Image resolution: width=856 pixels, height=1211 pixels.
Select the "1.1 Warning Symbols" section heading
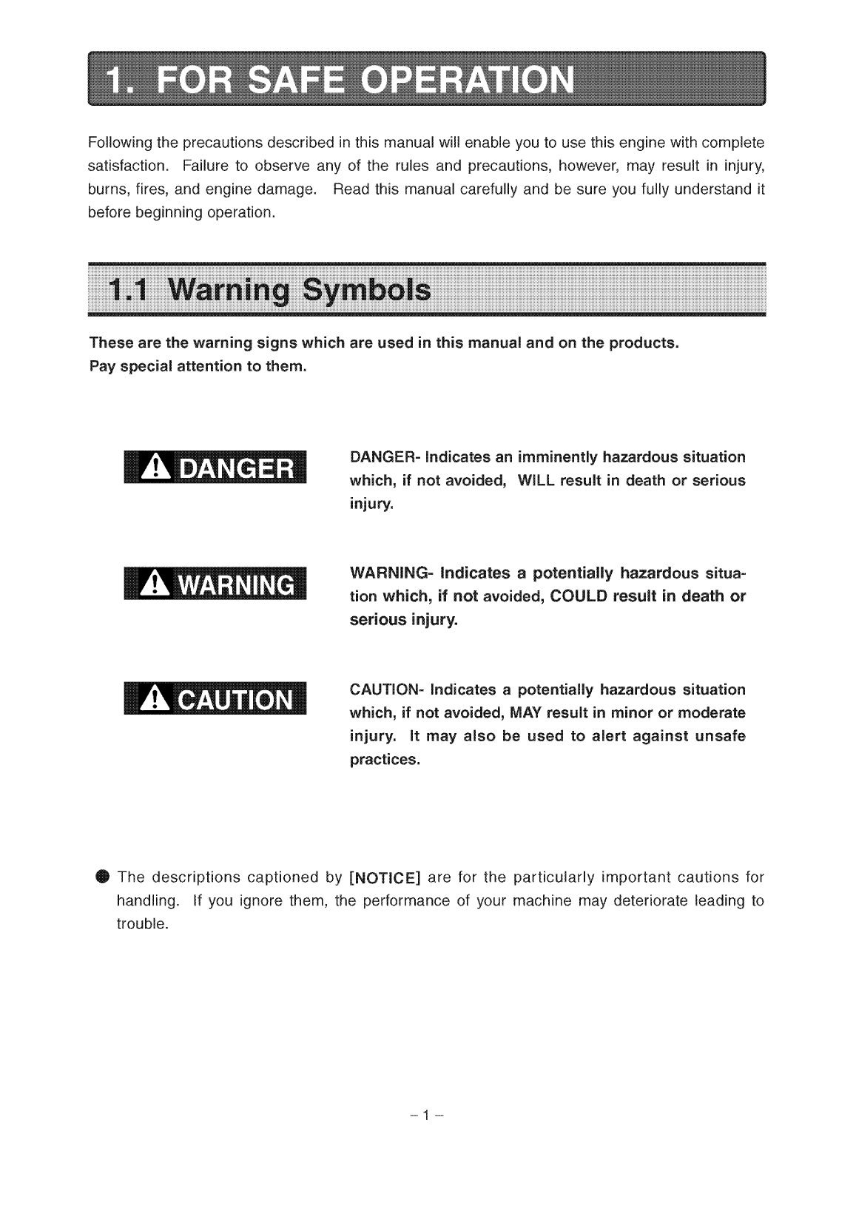point(269,290)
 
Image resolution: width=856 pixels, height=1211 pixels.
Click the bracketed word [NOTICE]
point(384,878)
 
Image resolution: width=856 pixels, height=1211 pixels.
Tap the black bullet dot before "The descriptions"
point(101,877)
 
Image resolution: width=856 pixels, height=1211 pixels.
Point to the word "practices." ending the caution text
point(384,760)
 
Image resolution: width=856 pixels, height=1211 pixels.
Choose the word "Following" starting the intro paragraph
point(119,141)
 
